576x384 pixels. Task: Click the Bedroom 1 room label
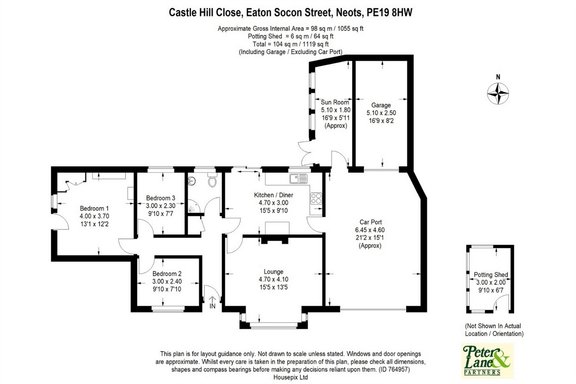[94, 208]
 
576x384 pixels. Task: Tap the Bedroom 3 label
[160, 198]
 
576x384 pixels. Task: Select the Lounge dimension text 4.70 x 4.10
[273, 279]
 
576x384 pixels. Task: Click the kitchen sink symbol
[298, 178]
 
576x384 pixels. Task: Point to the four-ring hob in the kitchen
[316, 198]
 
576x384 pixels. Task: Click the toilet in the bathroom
[212, 180]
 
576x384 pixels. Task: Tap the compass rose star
[498, 93]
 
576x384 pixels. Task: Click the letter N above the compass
[498, 77]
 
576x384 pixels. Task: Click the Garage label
[381, 105]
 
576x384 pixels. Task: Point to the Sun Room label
[335, 102]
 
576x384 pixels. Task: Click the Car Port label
[370, 222]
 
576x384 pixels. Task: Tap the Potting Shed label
[491, 275]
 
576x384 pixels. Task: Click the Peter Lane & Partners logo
[487, 361]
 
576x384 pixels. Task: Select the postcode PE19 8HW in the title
[389, 13]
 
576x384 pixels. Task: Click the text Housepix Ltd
[290, 377]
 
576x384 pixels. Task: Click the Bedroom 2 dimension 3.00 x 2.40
[167, 281]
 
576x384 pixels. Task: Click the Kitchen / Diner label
[273, 195]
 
